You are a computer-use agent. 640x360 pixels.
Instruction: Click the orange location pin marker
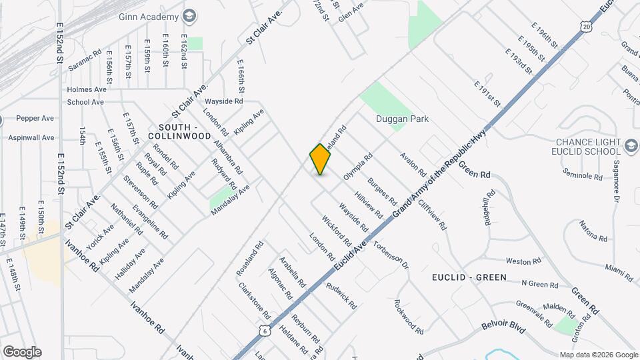tap(320, 159)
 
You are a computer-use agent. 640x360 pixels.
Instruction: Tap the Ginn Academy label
tap(148, 16)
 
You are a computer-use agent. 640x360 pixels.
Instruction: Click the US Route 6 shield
tap(265, 330)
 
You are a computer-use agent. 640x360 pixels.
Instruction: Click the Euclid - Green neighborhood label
tap(469, 277)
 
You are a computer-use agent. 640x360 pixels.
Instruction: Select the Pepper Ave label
tap(35, 118)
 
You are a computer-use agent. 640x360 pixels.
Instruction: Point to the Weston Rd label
tap(523, 261)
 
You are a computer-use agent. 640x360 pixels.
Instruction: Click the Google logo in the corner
tap(22, 351)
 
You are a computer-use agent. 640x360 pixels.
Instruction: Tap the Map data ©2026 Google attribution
tap(598, 355)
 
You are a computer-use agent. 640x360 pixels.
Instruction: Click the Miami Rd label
tap(619, 268)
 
